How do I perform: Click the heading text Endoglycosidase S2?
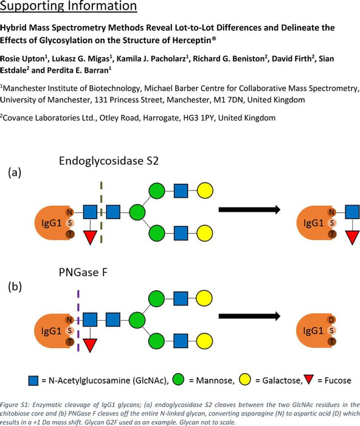(x=109, y=161)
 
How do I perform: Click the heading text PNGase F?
(x=83, y=272)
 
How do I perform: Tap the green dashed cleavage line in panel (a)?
(x=102, y=212)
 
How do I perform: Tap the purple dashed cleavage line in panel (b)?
(x=78, y=321)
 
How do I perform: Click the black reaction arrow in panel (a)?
(x=249, y=209)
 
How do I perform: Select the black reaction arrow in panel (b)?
(x=249, y=316)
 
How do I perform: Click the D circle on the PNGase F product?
(x=331, y=320)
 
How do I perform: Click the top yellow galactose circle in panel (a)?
(x=205, y=190)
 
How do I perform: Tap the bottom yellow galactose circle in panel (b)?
(x=204, y=341)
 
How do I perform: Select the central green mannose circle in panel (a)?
(x=137, y=212)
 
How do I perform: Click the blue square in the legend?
(x=33, y=380)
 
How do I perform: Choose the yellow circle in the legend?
(x=244, y=380)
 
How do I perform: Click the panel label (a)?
(x=15, y=172)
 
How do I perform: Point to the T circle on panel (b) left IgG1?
(x=70, y=341)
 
